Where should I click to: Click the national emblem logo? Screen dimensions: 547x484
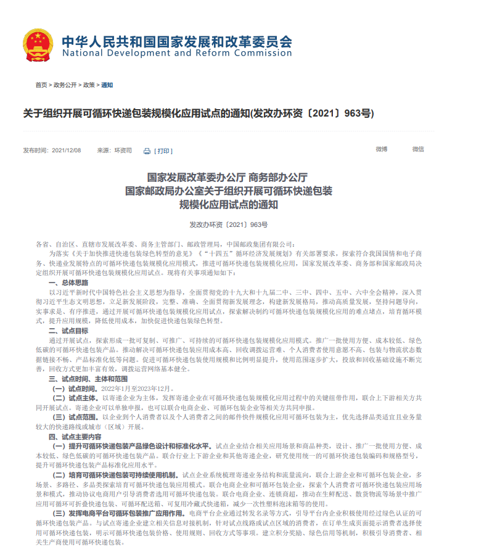pyautogui.click(x=38, y=44)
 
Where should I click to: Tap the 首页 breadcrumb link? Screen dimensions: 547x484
pyautogui.click(x=41, y=85)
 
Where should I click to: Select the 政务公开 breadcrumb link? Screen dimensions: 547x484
pyautogui.click(x=65, y=85)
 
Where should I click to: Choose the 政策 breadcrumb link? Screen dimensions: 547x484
pyautogui.click(x=89, y=85)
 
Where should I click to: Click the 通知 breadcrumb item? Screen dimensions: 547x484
pyautogui.click(x=107, y=85)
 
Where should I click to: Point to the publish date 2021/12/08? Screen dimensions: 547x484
pyautogui.click(x=67, y=150)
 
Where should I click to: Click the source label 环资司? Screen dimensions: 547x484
pyautogui.click(x=123, y=150)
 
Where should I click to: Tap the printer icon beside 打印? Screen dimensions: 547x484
pyautogui.click(x=147, y=151)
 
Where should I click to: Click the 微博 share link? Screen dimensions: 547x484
pyautogui.click(x=382, y=149)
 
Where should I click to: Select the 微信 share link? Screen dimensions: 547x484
pyautogui.click(x=418, y=149)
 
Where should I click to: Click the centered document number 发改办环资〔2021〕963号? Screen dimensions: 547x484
pyautogui.click(x=228, y=225)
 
